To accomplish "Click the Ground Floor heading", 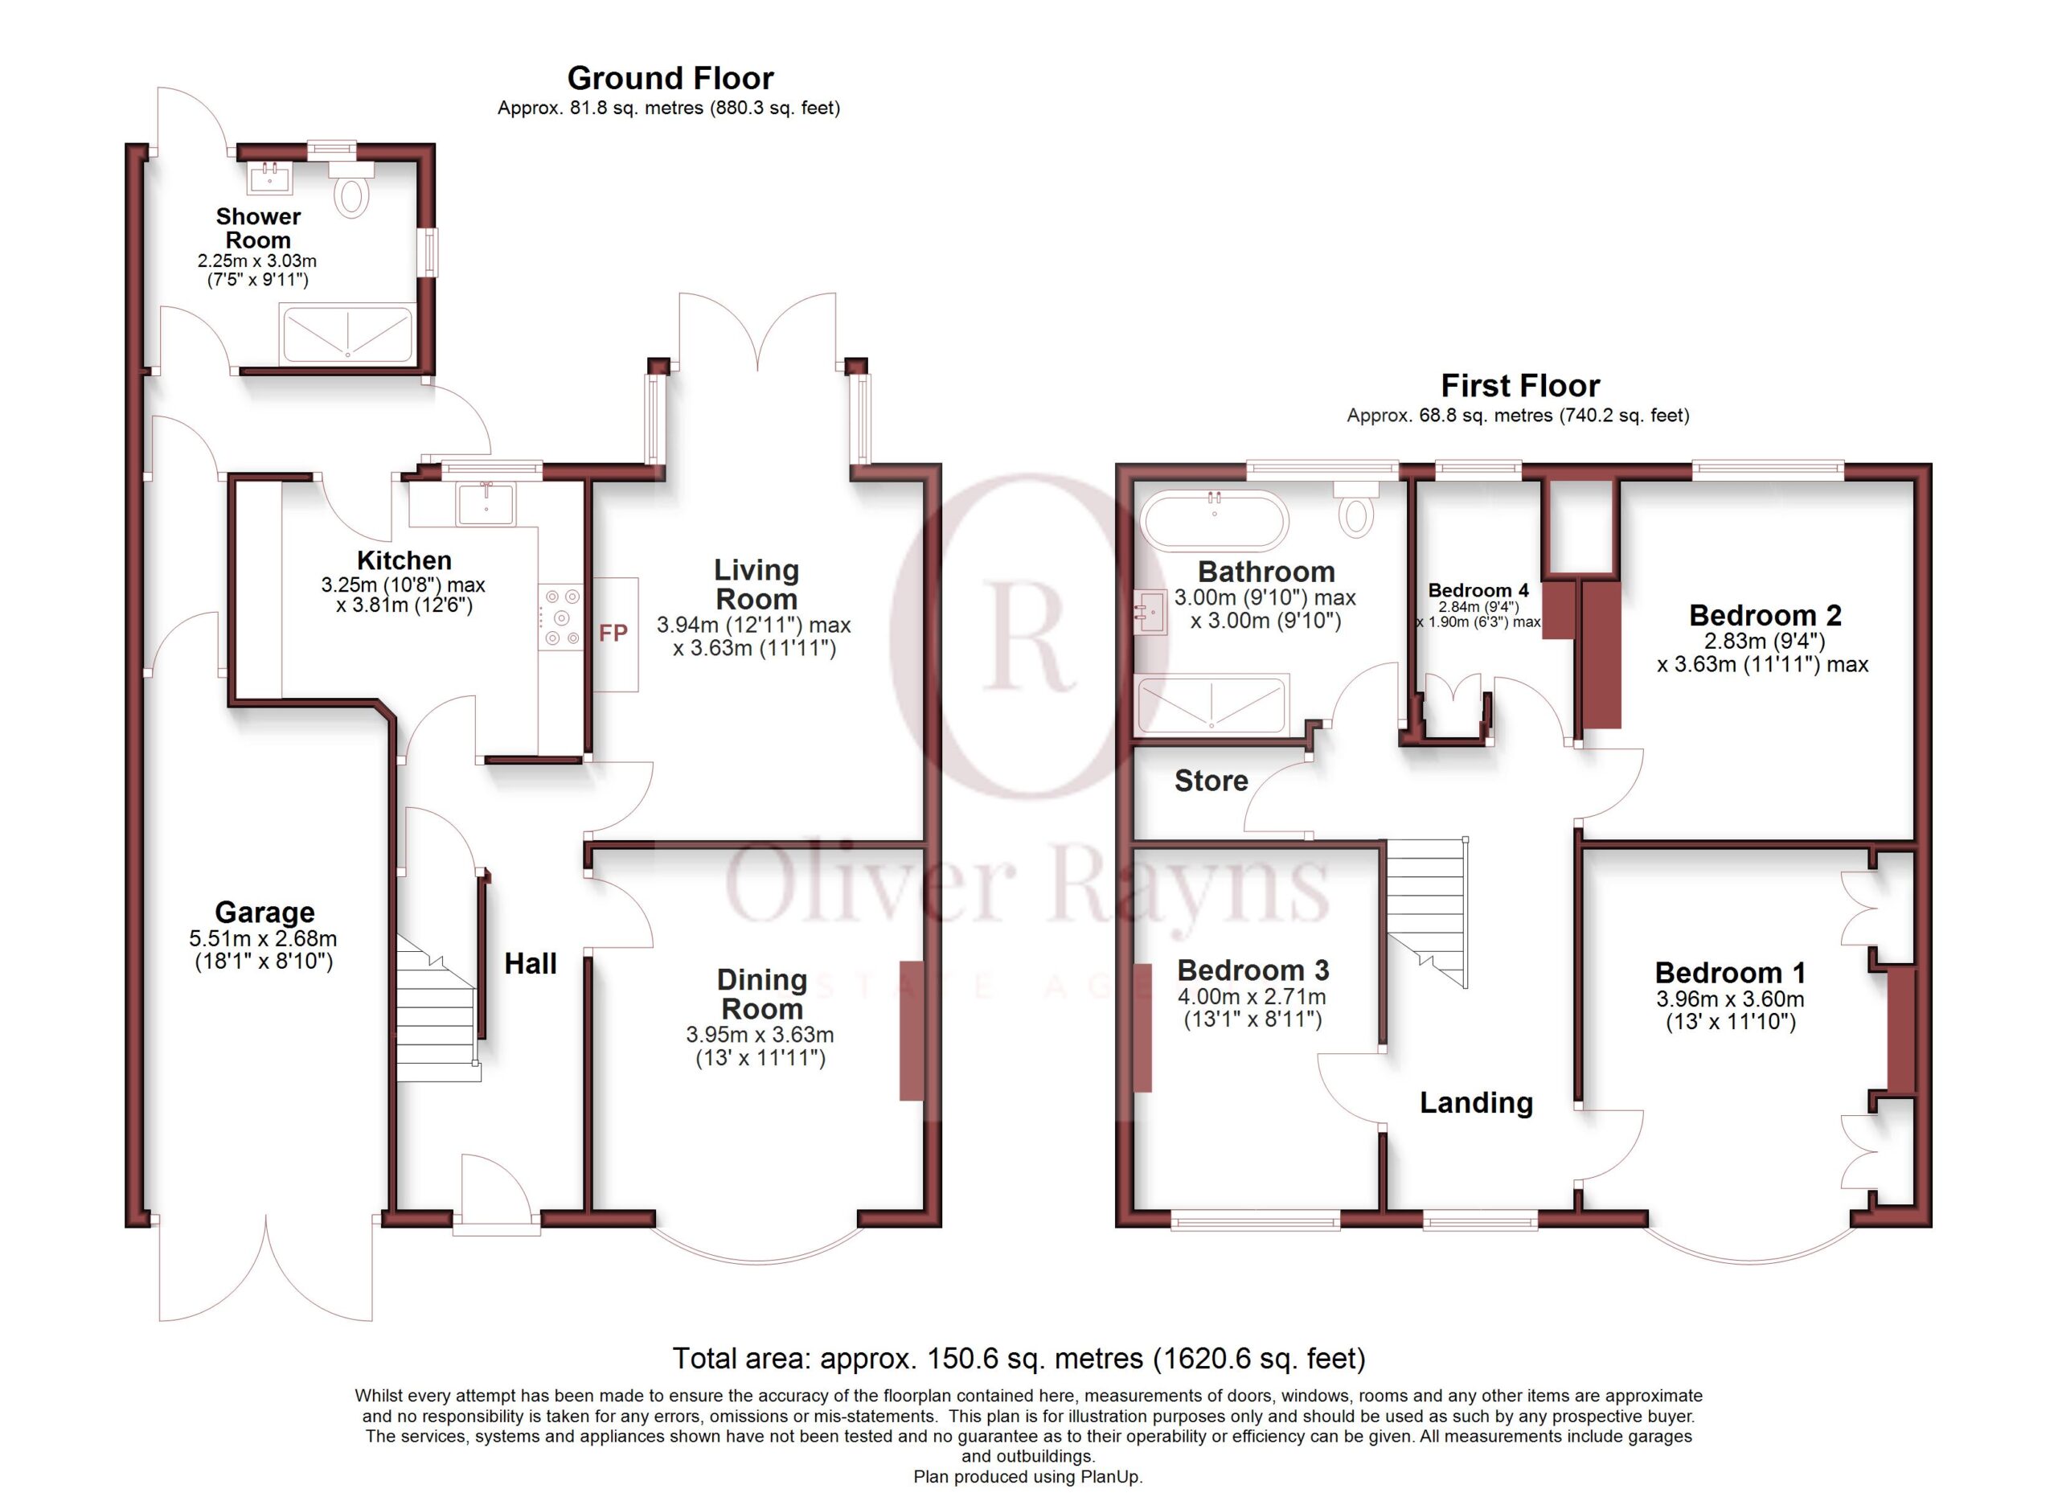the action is (670, 78).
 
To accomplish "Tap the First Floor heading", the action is (1520, 386).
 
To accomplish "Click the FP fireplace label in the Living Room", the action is (613, 633).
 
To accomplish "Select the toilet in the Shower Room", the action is (351, 190).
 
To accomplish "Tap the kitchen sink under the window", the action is (486, 504).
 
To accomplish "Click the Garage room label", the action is (265, 911).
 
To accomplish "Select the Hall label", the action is (531, 962).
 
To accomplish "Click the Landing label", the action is (1476, 1102).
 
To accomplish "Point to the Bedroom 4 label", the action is (1478, 590).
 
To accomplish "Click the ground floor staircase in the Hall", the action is (438, 1007).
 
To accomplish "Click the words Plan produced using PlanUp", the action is (1028, 1476).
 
